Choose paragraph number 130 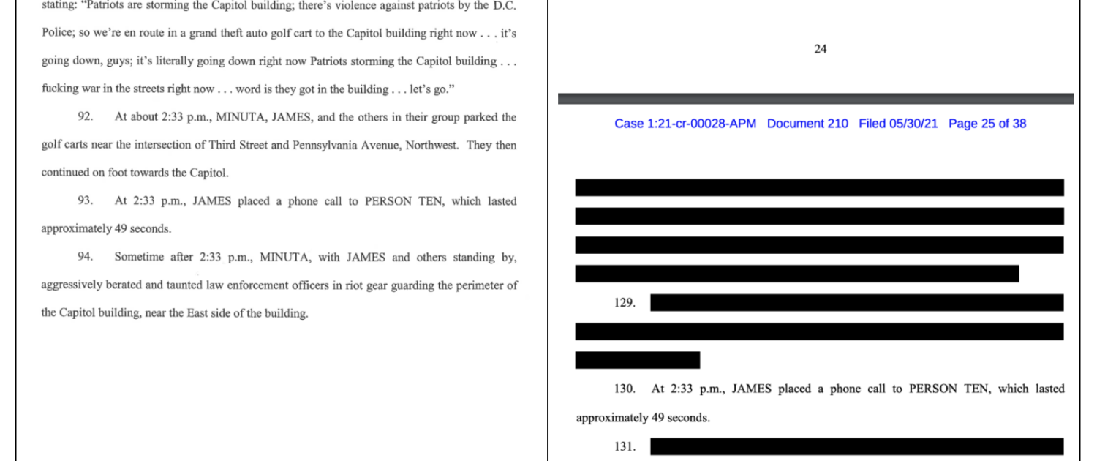coord(625,389)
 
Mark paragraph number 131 coord(625,446)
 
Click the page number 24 coord(820,50)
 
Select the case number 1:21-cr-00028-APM coord(685,124)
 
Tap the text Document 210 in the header coord(807,124)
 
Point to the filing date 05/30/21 coord(913,124)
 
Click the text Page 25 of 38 coord(987,124)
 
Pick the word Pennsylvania coord(327,146)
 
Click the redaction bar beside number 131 coord(856,446)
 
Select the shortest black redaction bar coord(637,360)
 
